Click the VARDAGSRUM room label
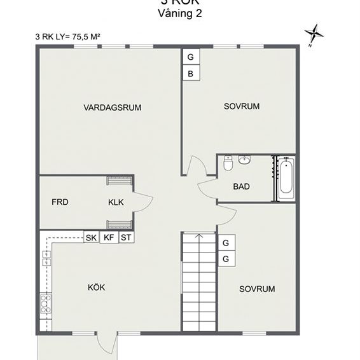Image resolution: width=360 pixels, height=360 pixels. coord(112,107)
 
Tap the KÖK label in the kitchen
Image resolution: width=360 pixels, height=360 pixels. coord(96,287)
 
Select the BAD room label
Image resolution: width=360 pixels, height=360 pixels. coord(241,186)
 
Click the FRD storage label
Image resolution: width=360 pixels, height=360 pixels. coord(60,202)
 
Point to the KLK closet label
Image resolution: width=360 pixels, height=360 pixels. coord(116,202)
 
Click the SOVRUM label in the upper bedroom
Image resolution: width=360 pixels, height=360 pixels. coord(242,106)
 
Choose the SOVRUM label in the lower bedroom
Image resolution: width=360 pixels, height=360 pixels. coord(257,289)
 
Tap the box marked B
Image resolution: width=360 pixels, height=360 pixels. coord(190,74)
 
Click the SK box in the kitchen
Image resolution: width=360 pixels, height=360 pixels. coord(91,238)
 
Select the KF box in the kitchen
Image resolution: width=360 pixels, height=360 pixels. coord(109,238)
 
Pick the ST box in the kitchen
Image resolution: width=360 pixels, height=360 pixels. coord(126,238)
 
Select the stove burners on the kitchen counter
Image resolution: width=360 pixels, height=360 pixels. coord(46,304)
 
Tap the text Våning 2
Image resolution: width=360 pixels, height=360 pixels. coord(180,14)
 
